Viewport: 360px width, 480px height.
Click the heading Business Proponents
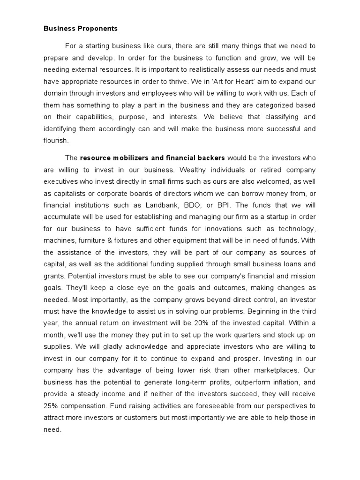pos(81,29)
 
